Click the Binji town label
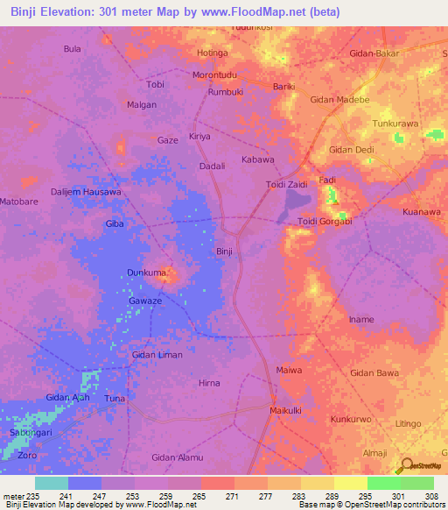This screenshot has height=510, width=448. pos(224,251)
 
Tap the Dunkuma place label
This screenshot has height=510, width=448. pos(146,273)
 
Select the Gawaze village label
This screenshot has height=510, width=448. pos(145,301)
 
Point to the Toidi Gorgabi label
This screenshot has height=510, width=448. pos(325,221)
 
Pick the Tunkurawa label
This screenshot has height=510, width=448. pos(396,124)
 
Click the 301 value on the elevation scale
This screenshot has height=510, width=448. pos(383,495)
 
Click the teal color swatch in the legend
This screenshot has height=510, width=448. pos(52,483)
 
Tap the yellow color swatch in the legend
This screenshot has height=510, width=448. pos(350,483)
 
